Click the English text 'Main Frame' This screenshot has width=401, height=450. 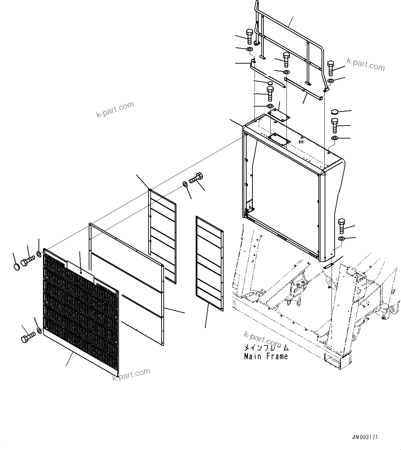266,356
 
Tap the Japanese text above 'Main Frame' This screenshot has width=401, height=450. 266,348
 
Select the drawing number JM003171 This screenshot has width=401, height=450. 365,437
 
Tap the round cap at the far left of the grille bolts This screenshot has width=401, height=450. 16,266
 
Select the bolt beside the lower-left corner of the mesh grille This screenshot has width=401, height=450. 28,338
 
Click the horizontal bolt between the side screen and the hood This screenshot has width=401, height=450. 196,178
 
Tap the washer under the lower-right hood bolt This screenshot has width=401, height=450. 341,239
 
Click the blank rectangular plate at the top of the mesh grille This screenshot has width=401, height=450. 80,271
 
